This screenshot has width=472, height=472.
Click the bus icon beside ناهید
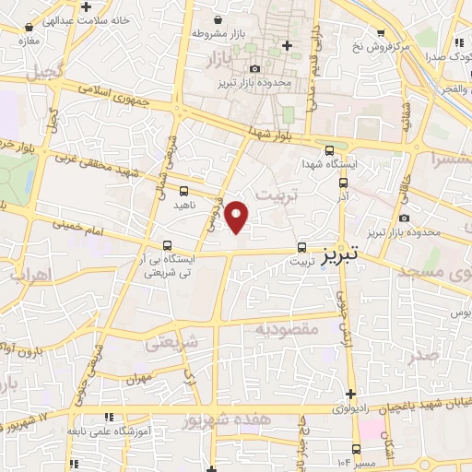click(183, 191)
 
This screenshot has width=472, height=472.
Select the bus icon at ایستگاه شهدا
click(330, 151)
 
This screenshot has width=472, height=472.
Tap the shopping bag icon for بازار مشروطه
click(218, 19)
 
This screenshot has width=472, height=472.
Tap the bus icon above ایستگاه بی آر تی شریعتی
click(167, 245)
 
